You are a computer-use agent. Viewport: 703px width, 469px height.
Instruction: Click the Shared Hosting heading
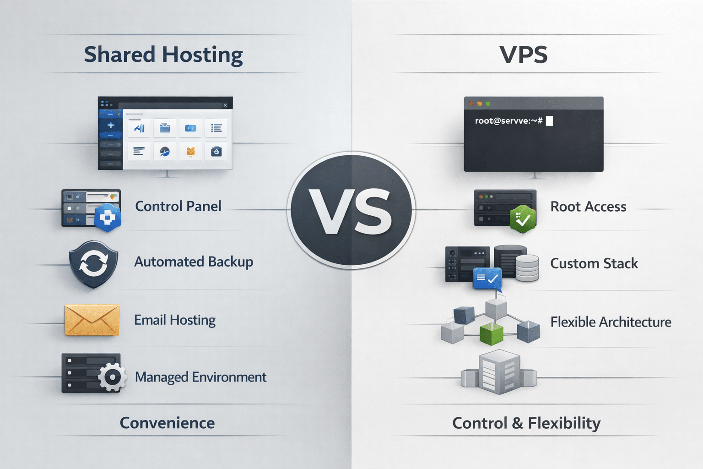coord(163,55)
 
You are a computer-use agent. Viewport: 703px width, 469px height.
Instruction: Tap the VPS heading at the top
coord(523,55)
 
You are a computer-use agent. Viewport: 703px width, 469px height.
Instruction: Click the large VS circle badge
coord(351,210)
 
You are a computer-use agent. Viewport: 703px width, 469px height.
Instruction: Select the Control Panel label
coord(178,206)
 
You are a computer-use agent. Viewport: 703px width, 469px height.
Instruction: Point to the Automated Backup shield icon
coord(93,264)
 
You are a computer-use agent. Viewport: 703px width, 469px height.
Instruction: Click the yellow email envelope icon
coord(92,320)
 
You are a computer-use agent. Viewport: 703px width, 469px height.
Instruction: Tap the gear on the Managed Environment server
coord(112,377)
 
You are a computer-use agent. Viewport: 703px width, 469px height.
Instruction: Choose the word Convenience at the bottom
coord(167,423)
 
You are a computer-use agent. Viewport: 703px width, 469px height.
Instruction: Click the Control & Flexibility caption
coord(526,423)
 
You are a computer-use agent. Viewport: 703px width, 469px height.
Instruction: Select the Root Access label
coord(588,207)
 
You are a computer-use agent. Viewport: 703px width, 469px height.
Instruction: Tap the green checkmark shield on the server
coord(523,219)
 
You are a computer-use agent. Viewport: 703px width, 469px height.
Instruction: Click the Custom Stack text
coord(594,263)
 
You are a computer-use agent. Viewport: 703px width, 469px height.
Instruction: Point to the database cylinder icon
coord(527,268)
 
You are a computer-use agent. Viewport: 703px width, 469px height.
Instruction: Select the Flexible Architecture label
coord(611,322)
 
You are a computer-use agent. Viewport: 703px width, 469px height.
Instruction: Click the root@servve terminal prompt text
coord(508,121)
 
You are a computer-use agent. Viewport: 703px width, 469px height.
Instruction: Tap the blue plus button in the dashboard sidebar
coord(110,125)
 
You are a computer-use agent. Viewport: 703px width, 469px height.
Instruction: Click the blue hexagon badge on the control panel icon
coord(108,218)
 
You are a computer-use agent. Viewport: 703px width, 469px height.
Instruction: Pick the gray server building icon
coord(499,372)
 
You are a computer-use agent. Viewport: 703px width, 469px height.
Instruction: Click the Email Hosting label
coord(175,320)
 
